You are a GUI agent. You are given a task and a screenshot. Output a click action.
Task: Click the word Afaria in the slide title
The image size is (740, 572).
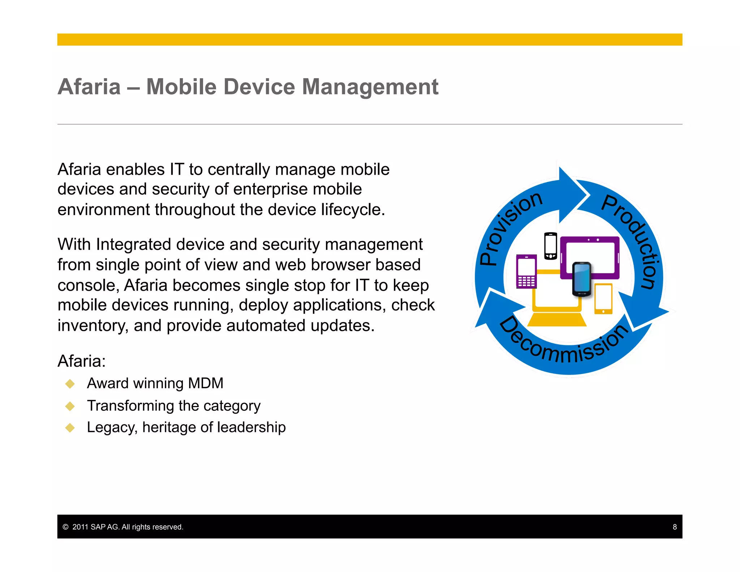click(89, 87)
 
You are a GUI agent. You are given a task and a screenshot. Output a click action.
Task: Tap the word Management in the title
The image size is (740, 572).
click(370, 87)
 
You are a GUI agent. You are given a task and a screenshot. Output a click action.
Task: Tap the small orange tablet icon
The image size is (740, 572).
click(603, 299)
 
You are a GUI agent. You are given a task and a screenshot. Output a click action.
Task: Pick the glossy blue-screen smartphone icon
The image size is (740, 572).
click(582, 279)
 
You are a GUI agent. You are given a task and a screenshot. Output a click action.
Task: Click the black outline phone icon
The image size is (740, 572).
click(551, 246)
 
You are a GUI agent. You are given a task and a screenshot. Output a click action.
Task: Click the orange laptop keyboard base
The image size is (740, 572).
click(557, 320)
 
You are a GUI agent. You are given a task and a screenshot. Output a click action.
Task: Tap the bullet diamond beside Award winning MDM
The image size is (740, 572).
click(70, 384)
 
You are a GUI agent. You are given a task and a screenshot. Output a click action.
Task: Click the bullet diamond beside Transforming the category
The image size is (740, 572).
click(70, 406)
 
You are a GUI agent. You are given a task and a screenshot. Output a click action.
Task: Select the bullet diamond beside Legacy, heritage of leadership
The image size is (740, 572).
click(70, 428)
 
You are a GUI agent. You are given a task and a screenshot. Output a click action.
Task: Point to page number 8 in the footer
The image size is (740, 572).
click(674, 527)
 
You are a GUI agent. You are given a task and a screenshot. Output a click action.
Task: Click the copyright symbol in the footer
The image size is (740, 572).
click(65, 527)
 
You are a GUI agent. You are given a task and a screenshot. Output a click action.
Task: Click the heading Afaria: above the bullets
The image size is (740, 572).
click(82, 361)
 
